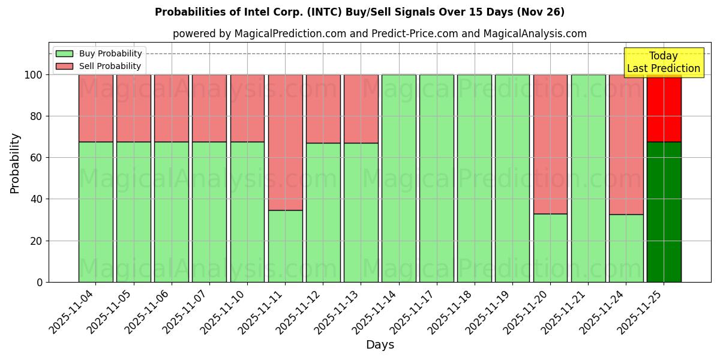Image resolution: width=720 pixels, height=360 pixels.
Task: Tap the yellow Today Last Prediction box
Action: pyautogui.click(x=663, y=62)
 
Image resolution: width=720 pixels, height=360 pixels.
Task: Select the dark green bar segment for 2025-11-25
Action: pyautogui.click(x=664, y=212)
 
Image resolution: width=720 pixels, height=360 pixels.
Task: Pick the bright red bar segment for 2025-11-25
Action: pyautogui.click(x=664, y=108)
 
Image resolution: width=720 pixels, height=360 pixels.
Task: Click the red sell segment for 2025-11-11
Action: pyautogui.click(x=285, y=142)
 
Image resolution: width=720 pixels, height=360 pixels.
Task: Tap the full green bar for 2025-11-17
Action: pyautogui.click(x=436, y=178)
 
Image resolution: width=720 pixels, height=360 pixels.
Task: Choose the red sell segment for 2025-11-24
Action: pyautogui.click(x=626, y=144)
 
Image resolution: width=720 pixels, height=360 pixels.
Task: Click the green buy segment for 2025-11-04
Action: pyautogui.click(x=95, y=212)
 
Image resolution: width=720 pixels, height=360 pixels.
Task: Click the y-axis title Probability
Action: pyautogui.click(x=15, y=163)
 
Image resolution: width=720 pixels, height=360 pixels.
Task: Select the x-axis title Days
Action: pyautogui.click(x=380, y=345)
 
